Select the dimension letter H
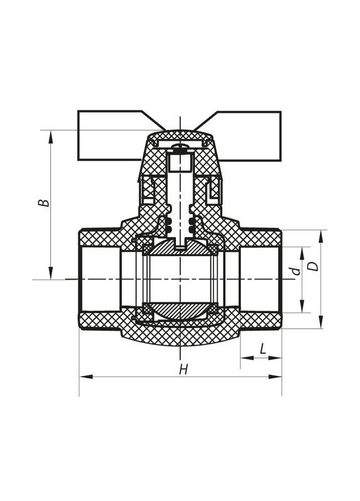click(x=183, y=369)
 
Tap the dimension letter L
click(x=262, y=349)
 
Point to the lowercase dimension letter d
click(x=297, y=271)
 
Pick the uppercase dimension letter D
click(x=314, y=266)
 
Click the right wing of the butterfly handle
click(x=249, y=136)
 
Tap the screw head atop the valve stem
click(x=180, y=147)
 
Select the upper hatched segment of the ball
click(x=180, y=247)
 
